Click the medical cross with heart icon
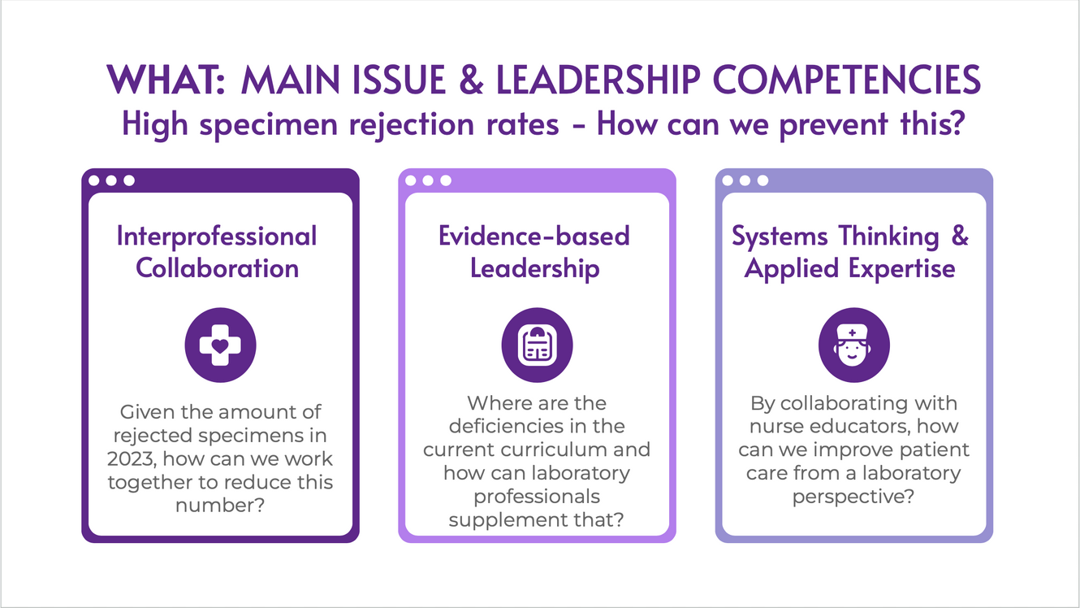pos(220,345)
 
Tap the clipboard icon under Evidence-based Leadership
pos(537,345)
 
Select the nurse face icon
pos(853,345)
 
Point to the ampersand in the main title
pos(471,80)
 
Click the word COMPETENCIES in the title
pos(847,80)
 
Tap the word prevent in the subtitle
pos(834,125)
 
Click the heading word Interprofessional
pos(217,237)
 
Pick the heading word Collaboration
pos(218,267)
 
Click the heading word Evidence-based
pos(534,236)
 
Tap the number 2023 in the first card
pos(132,459)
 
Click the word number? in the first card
pos(220,506)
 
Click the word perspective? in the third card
pos(853,497)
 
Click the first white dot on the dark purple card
pos(94,180)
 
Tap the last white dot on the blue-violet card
pos(762,180)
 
